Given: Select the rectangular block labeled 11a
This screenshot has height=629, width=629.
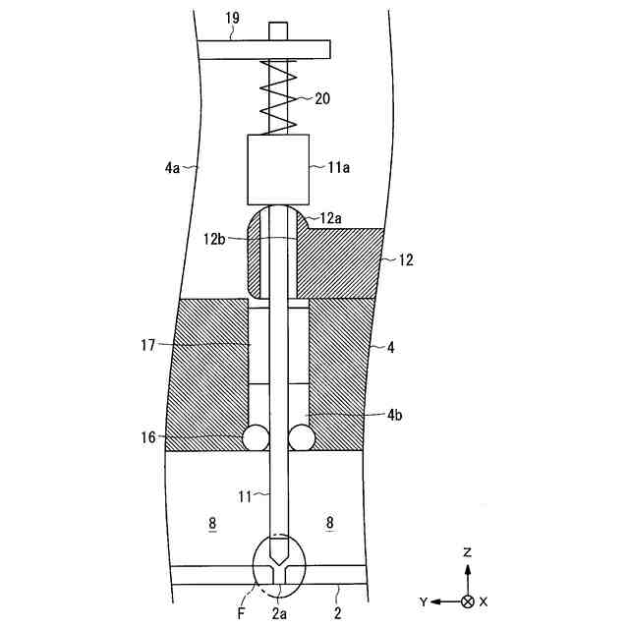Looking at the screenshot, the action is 278,167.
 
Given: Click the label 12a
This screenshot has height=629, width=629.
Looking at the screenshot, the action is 331,216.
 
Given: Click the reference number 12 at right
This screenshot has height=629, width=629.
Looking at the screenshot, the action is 407,260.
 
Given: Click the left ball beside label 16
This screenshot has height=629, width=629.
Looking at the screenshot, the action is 257,436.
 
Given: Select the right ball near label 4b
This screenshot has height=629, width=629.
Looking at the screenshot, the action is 301,436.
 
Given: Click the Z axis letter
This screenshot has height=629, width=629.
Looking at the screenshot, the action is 468,553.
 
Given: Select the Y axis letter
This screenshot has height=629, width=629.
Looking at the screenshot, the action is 425,600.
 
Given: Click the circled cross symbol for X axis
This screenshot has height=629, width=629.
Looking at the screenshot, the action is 468,600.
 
